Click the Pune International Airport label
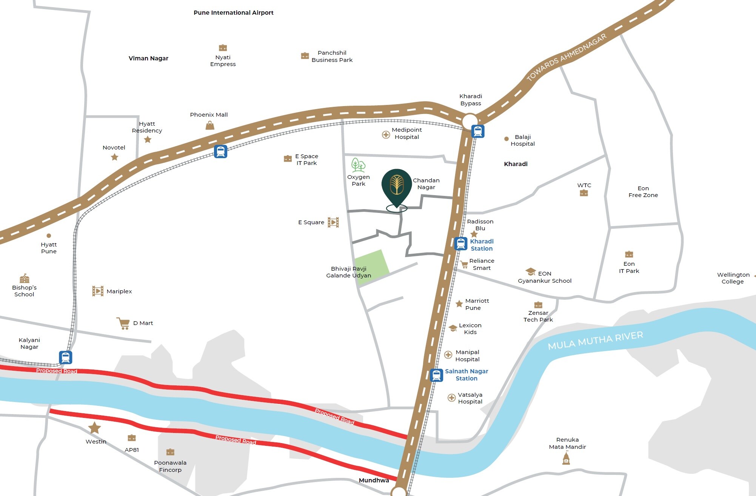coord(233,13)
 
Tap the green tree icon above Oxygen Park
coord(358,165)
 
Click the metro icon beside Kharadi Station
coord(460,244)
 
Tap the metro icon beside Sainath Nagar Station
coord(436,375)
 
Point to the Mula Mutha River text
coord(595,340)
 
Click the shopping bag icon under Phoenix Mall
coord(210,125)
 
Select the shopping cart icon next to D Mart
coord(123,323)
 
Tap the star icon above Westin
coord(94,428)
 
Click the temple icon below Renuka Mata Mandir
coord(566,458)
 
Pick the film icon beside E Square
coord(333,222)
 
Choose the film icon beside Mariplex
coord(98,291)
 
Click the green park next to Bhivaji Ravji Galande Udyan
coord(372,263)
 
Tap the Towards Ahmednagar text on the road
coord(566,57)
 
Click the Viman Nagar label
coord(148,59)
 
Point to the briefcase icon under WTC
coord(584,193)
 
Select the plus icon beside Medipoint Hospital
coord(386,135)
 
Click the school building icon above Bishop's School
coord(25,279)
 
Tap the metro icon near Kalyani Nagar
coord(65,357)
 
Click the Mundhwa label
coord(374,480)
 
